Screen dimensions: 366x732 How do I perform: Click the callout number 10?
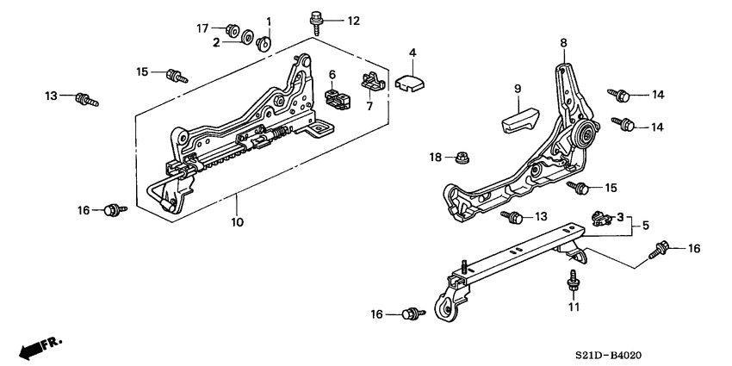[237, 222]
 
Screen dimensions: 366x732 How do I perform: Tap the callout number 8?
[563, 42]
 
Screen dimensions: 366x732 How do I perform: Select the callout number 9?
[518, 88]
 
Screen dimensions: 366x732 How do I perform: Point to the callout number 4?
[413, 53]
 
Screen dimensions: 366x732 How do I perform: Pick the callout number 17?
[202, 28]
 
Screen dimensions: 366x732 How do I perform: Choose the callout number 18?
[436, 157]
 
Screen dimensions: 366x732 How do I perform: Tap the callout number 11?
[574, 307]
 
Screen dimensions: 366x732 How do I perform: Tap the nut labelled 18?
[461, 158]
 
